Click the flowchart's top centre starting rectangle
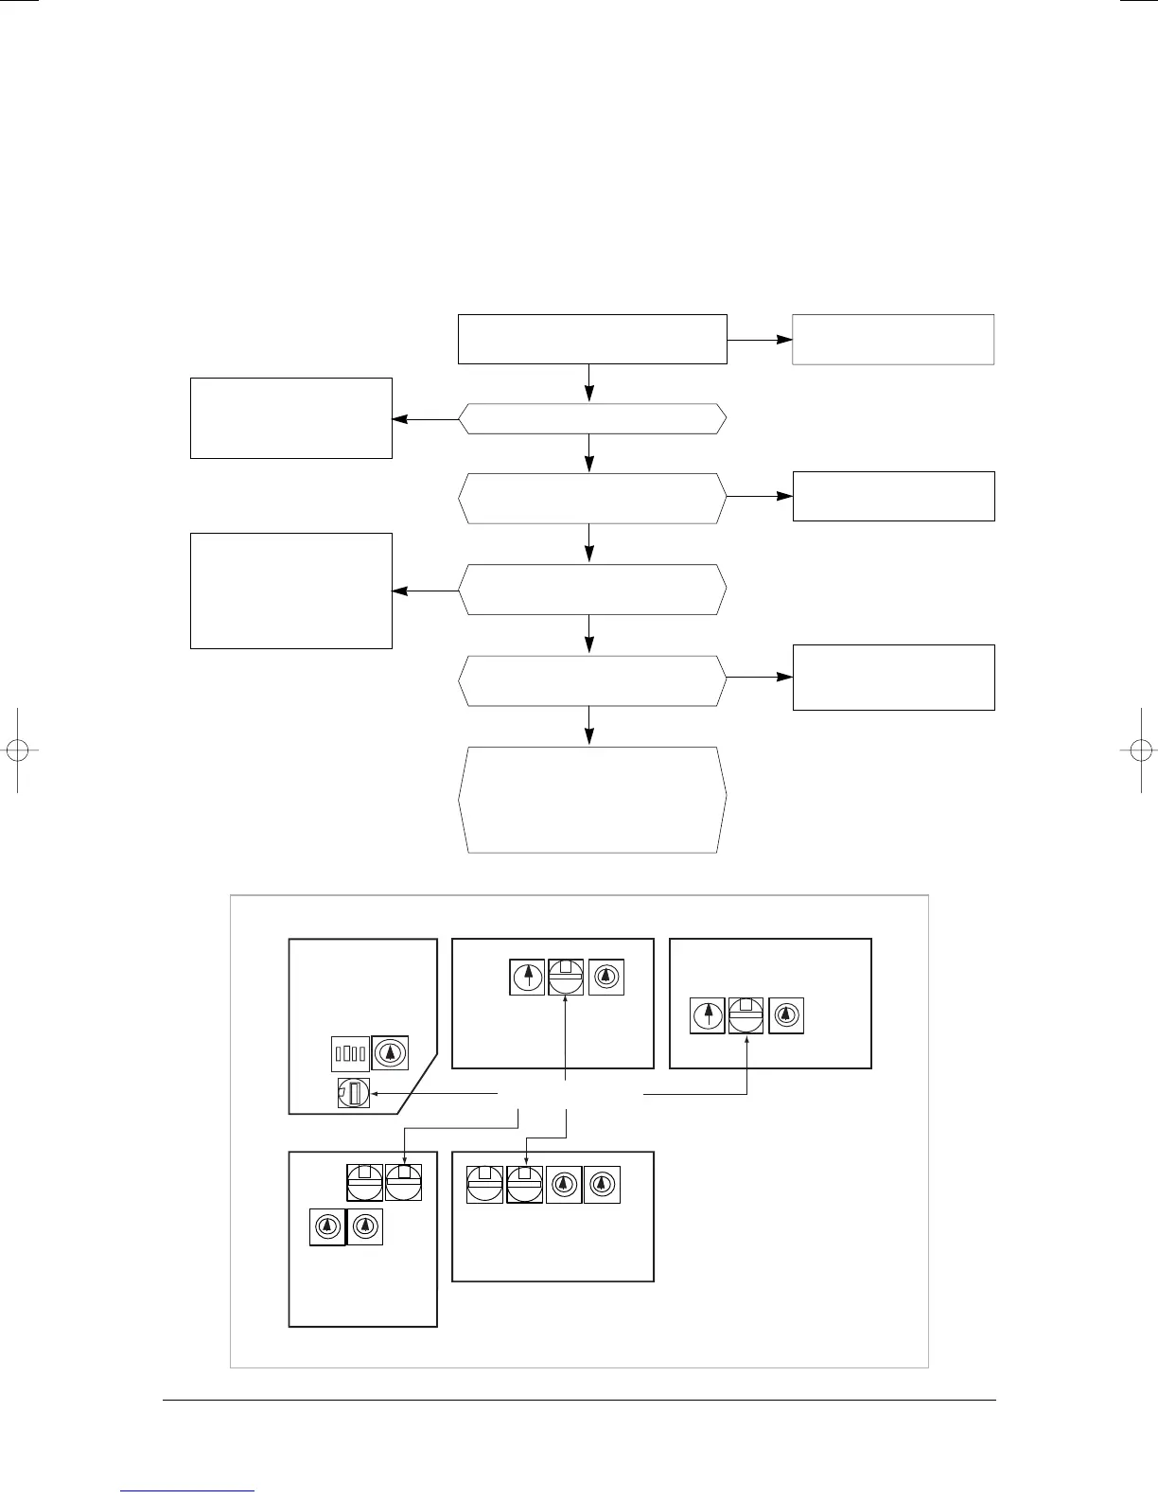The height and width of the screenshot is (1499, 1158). coord(592,339)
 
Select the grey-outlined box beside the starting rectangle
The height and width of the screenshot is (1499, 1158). coord(893,339)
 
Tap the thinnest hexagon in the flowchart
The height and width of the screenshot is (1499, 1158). coord(592,418)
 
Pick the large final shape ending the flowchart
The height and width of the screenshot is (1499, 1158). coord(592,800)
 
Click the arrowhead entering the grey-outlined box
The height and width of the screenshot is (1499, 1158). coord(784,339)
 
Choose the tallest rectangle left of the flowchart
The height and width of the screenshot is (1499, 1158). coord(291,591)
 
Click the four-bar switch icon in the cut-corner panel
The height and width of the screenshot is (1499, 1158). coord(350,1052)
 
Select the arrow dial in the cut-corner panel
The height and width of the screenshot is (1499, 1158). coord(390,1052)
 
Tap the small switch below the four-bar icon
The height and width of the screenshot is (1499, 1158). coord(354,1093)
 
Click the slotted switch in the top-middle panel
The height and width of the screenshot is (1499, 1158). coord(566,978)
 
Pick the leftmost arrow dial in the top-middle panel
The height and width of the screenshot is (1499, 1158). coord(527,978)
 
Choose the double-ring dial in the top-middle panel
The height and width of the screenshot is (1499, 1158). coord(605,978)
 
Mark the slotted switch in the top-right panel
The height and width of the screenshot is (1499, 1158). coord(746,1015)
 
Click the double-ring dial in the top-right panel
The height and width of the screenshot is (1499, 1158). coord(786,1015)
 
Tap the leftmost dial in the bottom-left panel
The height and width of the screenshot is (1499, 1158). coord(327,1226)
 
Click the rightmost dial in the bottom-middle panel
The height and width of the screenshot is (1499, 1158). coord(602,1185)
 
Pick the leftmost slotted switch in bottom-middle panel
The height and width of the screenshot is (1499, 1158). coord(484,1185)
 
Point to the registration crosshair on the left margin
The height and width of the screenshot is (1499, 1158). coord(17,749)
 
